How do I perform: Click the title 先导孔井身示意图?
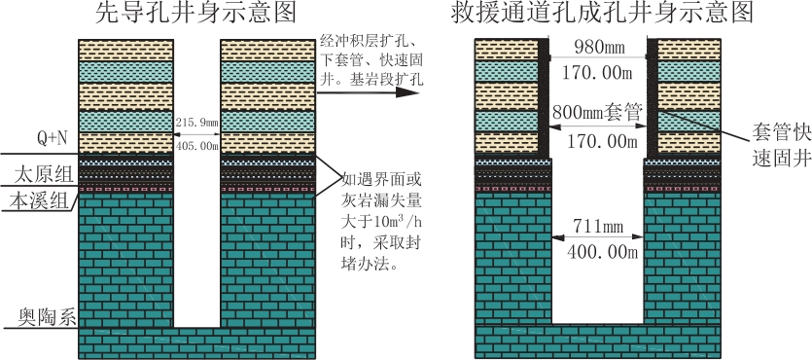pyautogui.click(x=195, y=13)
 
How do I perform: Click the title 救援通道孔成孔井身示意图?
pyautogui.click(x=601, y=13)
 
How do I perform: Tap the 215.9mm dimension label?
pyautogui.click(x=197, y=124)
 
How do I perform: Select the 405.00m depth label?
pyautogui.click(x=197, y=146)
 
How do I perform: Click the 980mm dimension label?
pyautogui.click(x=599, y=48)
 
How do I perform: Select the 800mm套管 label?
pyautogui.click(x=598, y=112)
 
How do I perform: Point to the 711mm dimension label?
pyautogui.click(x=598, y=227)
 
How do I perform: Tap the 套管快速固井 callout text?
pyautogui.click(x=782, y=146)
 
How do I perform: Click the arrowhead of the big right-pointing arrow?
pyautogui.click(x=407, y=92)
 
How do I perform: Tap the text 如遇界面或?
pyautogui.click(x=380, y=180)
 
